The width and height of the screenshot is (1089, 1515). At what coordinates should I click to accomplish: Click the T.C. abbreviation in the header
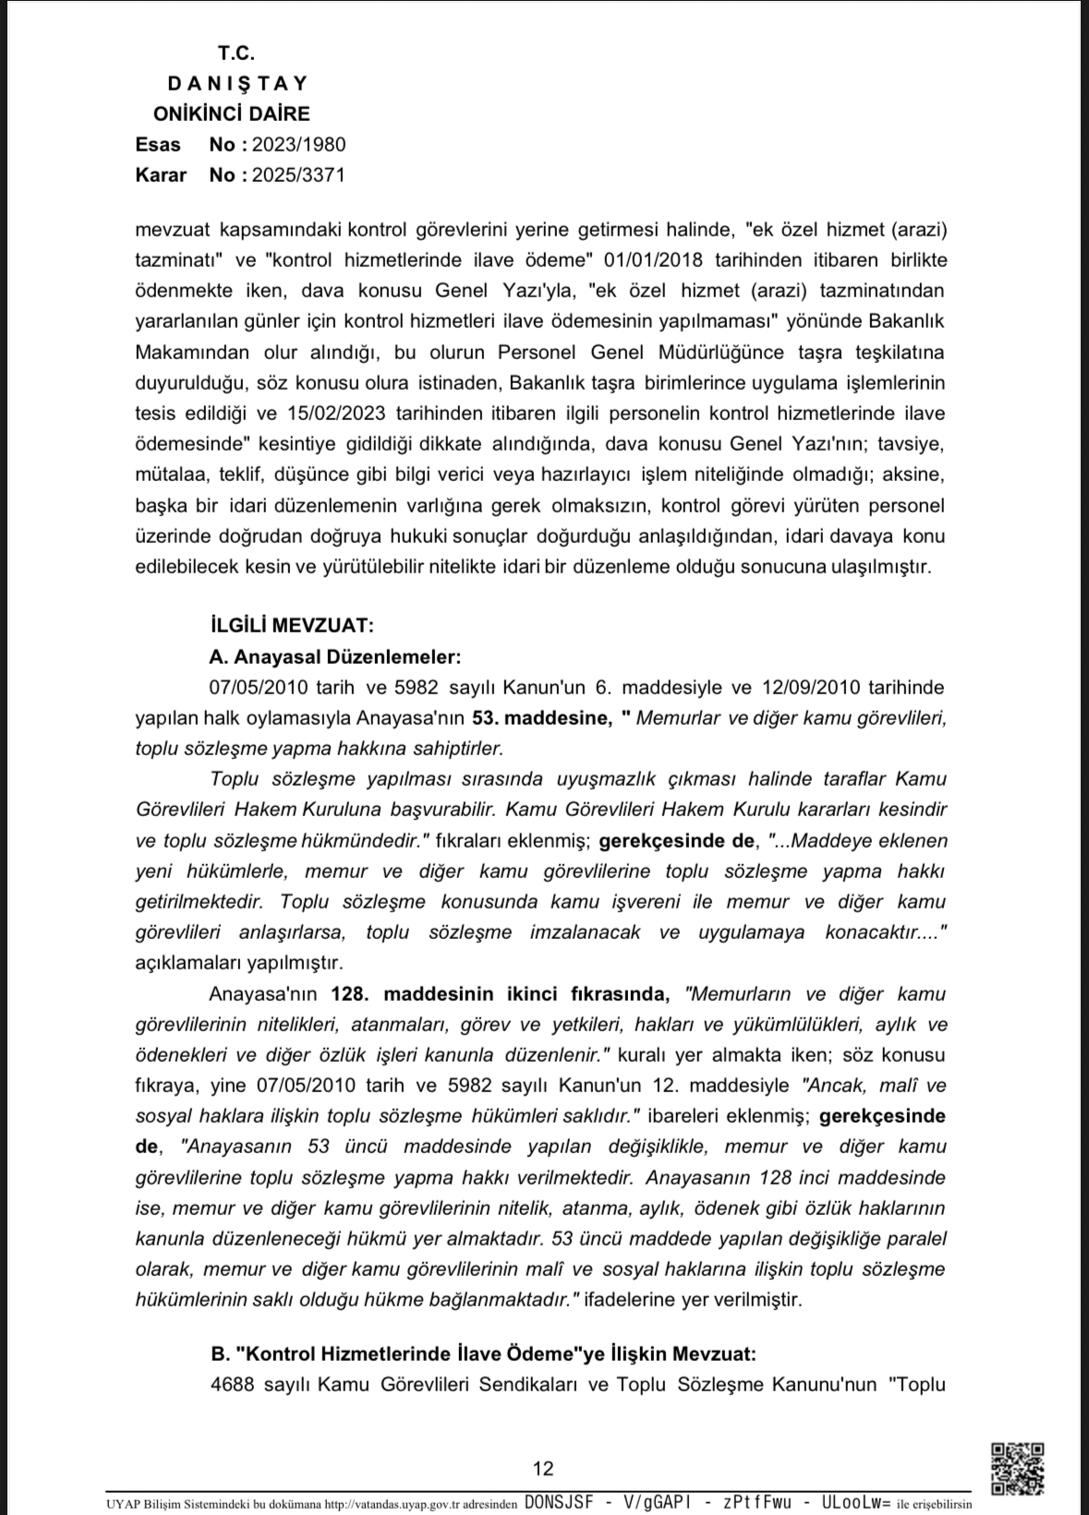click(x=236, y=53)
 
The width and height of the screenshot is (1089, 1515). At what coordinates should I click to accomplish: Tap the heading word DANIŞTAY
click(x=237, y=83)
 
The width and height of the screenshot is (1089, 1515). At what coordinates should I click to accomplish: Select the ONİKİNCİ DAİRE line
click(x=232, y=114)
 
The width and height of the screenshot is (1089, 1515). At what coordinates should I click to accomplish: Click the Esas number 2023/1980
click(x=299, y=144)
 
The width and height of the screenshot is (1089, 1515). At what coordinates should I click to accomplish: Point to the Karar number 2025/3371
click(x=299, y=174)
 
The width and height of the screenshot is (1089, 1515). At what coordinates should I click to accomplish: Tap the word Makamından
click(x=192, y=352)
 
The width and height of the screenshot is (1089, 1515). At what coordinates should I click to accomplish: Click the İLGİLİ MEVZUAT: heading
click(x=292, y=626)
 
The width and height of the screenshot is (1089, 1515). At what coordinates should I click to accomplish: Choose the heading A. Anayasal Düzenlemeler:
click(x=334, y=656)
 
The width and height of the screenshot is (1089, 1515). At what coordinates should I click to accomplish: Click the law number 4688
click(x=232, y=1384)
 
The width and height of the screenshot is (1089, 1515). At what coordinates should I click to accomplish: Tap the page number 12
click(x=543, y=1468)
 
